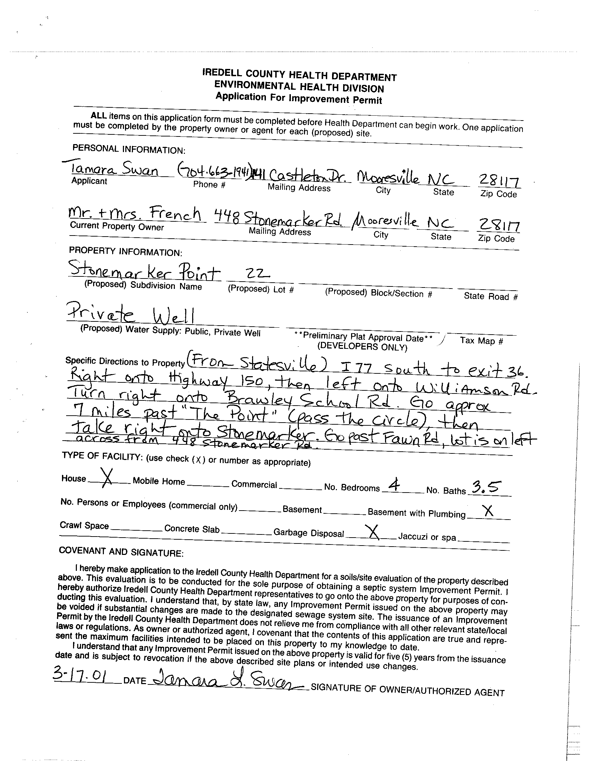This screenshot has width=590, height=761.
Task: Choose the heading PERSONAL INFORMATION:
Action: [129, 149]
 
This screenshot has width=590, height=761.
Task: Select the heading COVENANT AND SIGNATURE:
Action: [121, 551]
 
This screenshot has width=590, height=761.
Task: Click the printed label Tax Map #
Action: [481, 340]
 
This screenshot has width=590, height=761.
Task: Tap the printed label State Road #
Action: [490, 296]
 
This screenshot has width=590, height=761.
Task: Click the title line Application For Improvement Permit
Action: [298, 98]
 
